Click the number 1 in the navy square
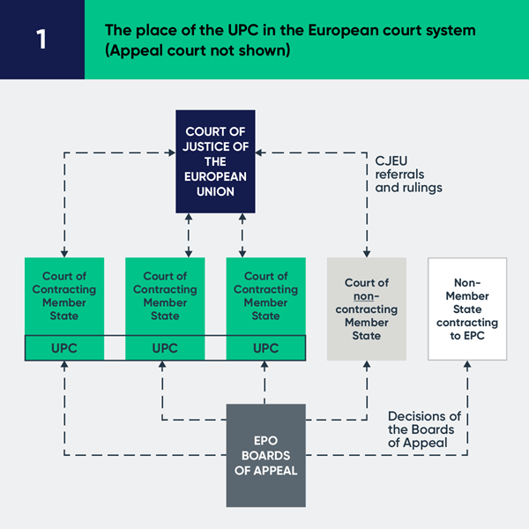point(41,41)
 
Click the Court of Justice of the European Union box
point(215,161)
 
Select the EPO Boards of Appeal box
point(265,455)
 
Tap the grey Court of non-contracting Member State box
point(366,309)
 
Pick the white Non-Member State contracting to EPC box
point(467,309)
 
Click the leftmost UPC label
point(64,348)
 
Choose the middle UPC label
point(165,348)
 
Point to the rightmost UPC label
point(265,348)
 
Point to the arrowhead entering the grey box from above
point(366,252)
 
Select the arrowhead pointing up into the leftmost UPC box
point(64,365)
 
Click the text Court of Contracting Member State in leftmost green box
point(64,295)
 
